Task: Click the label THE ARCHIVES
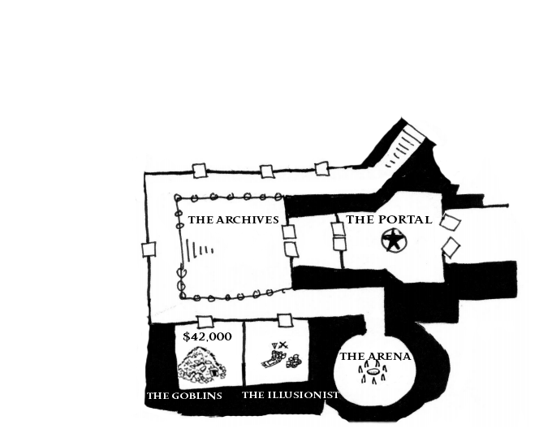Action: [233, 220]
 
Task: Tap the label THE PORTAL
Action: [389, 219]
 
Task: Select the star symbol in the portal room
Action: [394, 240]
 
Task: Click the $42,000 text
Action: [207, 336]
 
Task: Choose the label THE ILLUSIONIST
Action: [291, 396]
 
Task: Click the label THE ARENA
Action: [375, 357]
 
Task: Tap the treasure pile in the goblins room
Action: [202, 366]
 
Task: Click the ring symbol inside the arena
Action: [374, 375]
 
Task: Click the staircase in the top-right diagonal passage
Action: [404, 146]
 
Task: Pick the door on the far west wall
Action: [149, 249]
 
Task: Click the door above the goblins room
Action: [205, 321]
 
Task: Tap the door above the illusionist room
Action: [285, 320]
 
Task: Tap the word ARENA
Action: [386, 357]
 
